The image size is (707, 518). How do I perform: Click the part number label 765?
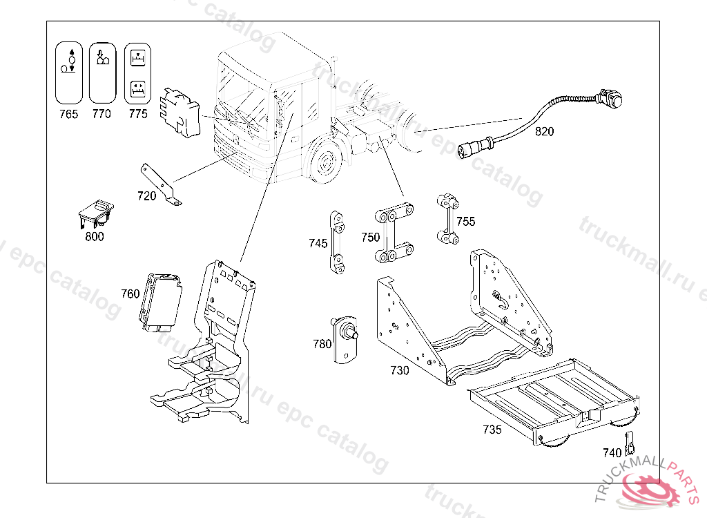[x=68, y=114]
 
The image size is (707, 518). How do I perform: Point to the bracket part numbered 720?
[x=163, y=184]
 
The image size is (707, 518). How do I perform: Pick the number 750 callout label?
[x=370, y=238]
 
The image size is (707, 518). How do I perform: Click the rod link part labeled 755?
[x=447, y=220]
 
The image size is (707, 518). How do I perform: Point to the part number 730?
[x=400, y=370]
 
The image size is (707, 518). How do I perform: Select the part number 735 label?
[x=492, y=430]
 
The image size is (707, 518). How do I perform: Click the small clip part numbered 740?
[x=629, y=445]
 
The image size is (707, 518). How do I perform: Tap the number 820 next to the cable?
[x=544, y=132]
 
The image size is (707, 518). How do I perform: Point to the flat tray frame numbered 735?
[x=552, y=401]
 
